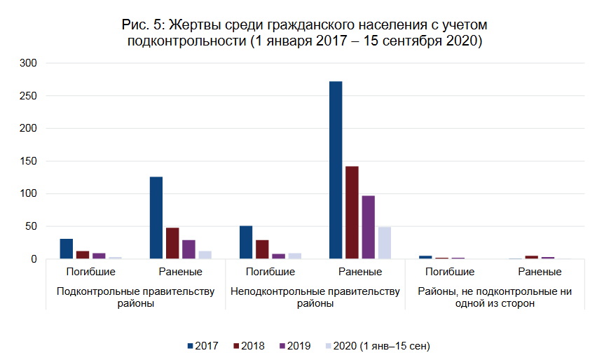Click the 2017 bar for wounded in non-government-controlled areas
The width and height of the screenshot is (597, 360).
pos(336,170)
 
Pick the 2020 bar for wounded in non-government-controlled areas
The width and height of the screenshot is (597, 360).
pos(384,242)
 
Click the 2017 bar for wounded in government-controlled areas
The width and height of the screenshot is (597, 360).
pos(156,218)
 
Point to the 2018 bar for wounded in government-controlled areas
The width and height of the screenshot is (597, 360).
pos(172,243)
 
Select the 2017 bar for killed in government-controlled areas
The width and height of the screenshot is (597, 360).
pos(67,249)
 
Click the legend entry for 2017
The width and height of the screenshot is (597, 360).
pos(203,346)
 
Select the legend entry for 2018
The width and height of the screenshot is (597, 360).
pos(249,346)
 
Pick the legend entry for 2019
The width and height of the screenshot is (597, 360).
pos(296,346)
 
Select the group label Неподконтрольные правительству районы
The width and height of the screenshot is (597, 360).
pos(315,297)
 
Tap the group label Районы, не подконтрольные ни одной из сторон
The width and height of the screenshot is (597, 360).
pos(495,297)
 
